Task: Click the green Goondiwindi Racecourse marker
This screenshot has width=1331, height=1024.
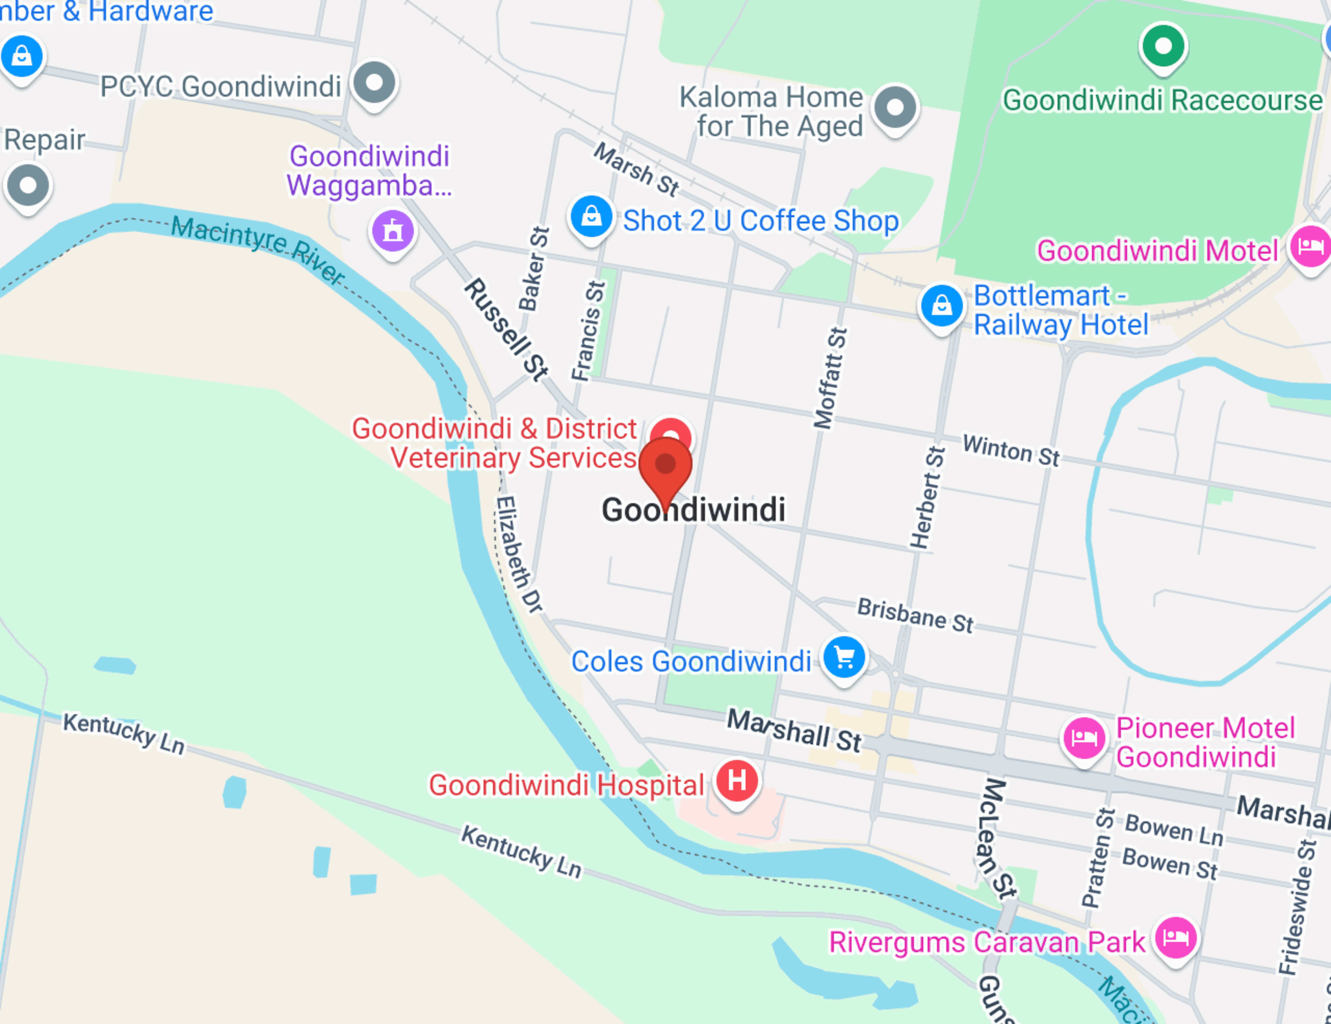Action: click(x=1163, y=46)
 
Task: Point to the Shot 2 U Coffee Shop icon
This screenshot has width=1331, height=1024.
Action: click(x=591, y=216)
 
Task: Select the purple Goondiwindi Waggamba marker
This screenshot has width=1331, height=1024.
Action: click(x=393, y=231)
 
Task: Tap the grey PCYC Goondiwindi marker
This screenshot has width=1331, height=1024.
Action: click(x=374, y=82)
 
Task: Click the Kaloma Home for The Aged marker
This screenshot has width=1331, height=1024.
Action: click(x=895, y=107)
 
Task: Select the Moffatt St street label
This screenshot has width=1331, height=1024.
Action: click(x=830, y=378)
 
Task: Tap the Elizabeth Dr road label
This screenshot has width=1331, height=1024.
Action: click(x=518, y=554)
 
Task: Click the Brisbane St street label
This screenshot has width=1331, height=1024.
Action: click(x=915, y=615)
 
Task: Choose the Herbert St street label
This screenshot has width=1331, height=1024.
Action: click(x=927, y=497)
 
